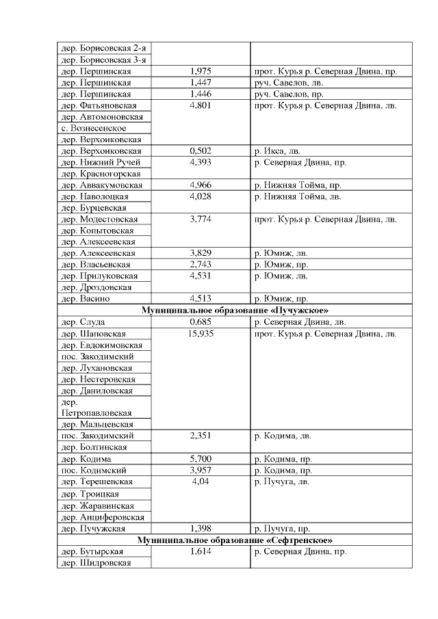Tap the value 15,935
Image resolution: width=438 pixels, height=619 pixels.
pyautogui.click(x=201, y=333)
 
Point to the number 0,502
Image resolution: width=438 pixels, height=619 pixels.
pyautogui.click(x=201, y=151)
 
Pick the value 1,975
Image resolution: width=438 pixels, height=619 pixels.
pyautogui.click(x=201, y=71)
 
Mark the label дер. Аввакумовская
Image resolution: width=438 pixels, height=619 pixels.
pyautogui.click(x=102, y=185)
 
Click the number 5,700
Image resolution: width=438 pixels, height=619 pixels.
pyautogui.click(x=201, y=459)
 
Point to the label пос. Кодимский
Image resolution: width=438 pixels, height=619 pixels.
pyautogui.click(x=96, y=471)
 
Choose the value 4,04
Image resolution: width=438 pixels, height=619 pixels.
pyautogui.click(x=201, y=482)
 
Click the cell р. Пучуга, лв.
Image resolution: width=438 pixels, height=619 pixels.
pyautogui.click(x=281, y=482)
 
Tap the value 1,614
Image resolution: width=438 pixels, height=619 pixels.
pyautogui.click(x=201, y=551)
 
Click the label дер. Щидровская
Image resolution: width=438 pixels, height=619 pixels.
pyautogui.click(x=96, y=563)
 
